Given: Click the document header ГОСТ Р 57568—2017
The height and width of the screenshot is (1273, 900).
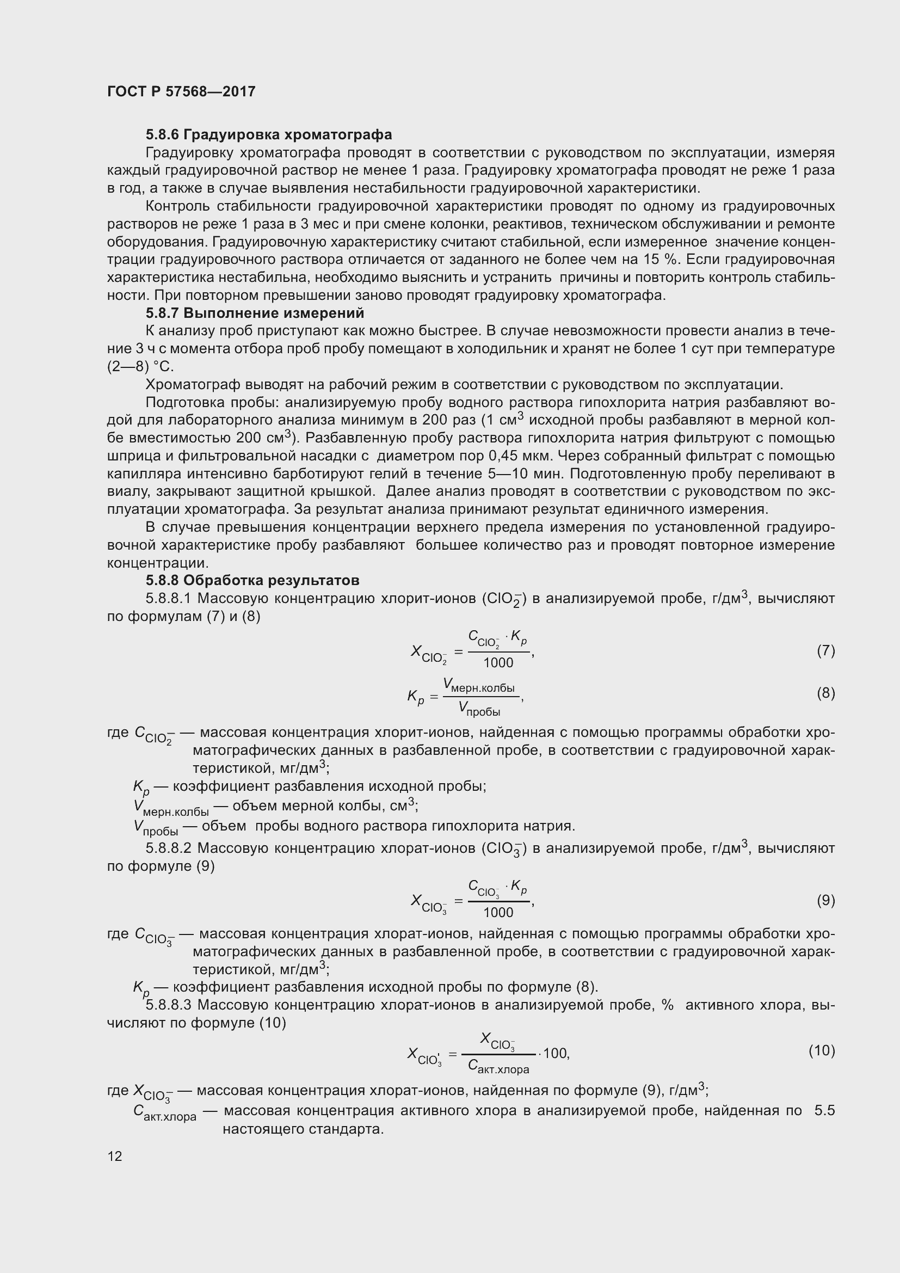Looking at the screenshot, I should [x=181, y=91].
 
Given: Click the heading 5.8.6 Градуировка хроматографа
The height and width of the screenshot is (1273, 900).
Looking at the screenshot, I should [x=269, y=135].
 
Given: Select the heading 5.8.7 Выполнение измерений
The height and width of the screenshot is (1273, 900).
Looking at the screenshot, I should [x=255, y=313].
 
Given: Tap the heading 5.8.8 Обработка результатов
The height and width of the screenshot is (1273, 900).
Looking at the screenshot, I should [x=252, y=581].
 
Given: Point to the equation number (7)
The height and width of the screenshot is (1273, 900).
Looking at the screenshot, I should [x=825, y=650].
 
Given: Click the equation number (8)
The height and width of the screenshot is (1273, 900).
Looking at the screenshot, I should [x=825, y=693].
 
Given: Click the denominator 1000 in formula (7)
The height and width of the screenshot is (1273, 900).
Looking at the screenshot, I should [x=498, y=662].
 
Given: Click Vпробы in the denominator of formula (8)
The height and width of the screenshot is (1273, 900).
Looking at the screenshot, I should [x=479, y=709].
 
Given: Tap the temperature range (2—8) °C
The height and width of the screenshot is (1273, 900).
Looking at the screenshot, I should [x=140, y=367].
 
